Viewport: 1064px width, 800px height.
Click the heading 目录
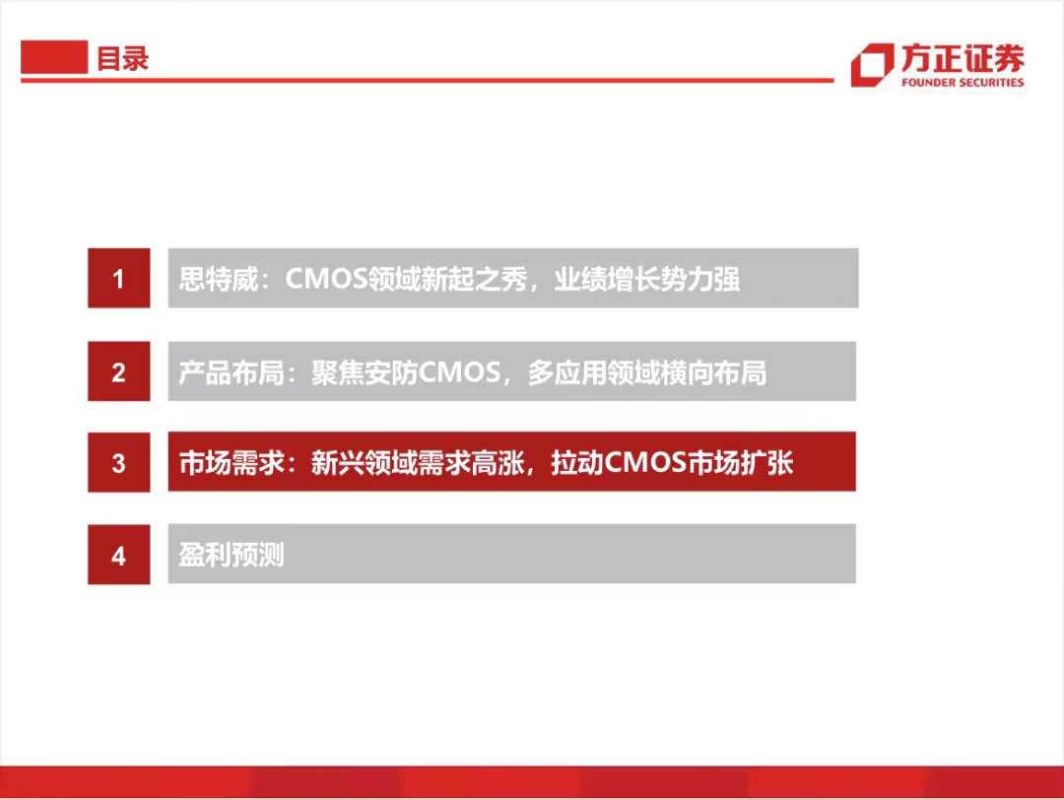pyautogui.click(x=122, y=58)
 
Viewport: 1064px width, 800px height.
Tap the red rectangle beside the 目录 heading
pyautogui.click(x=54, y=57)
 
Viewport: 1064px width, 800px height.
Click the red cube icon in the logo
pyautogui.click(x=872, y=64)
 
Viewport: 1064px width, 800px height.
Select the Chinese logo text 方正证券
pyautogui.click(x=963, y=58)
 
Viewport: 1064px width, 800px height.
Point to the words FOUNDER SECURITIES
pyautogui.click(x=963, y=82)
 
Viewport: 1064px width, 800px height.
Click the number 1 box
pyautogui.click(x=119, y=278)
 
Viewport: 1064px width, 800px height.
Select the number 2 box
pyautogui.click(x=119, y=371)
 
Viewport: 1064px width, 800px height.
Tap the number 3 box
pyautogui.click(x=119, y=462)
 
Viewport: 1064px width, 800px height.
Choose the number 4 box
pyautogui.click(x=119, y=555)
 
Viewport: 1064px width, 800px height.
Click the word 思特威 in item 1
pyautogui.click(x=219, y=279)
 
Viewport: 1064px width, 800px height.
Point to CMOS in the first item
pyautogui.click(x=326, y=279)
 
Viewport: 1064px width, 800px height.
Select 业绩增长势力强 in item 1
pyautogui.click(x=646, y=279)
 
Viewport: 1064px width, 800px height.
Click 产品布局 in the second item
pyautogui.click(x=232, y=372)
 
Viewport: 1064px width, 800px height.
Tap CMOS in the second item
pyautogui.click(x=459, y=372)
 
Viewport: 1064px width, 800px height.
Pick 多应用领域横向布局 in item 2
pyautogui.click(x=647, y=372)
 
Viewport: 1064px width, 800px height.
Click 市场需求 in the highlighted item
pyautogui.click(x=232, y=463)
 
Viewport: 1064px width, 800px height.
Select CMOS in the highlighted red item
pyautogui.click(x=645, y=463)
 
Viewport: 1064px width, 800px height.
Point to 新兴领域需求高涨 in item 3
pyautogui.click(x=418, y=463)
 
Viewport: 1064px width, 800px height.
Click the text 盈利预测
pyautogui.click(x=232, y=555)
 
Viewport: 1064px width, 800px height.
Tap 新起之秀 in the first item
pyautogui.click(x=474, y=279)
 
